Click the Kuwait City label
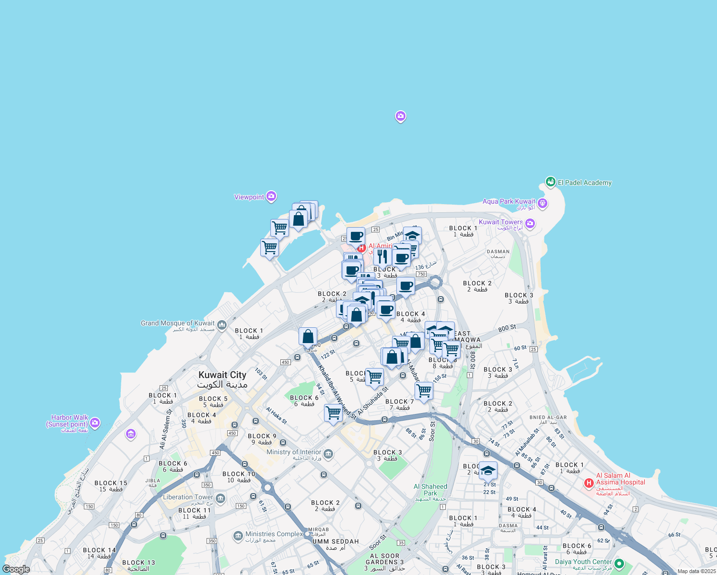tap(222, 375)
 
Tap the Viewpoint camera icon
tap(271, 196)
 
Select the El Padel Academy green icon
tap(550, 182)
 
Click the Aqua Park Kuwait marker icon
tap(542, 203)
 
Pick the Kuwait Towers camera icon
tap(530, 223)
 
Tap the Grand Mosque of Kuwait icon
tap(221, 325)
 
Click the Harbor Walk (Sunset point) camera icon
tap(95, 422)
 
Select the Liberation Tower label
tap(188, 497)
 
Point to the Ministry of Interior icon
tap(328, 453)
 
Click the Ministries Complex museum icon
tap(238, 535)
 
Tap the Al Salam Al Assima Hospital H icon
tap(589, 483)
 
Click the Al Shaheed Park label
tap(430, 490)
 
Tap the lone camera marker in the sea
tap(401, 116)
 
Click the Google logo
tap(16, 569)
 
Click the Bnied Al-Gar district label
tap(548, 417)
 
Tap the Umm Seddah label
tap(335, 541)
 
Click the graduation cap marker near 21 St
tap(488, 471)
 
